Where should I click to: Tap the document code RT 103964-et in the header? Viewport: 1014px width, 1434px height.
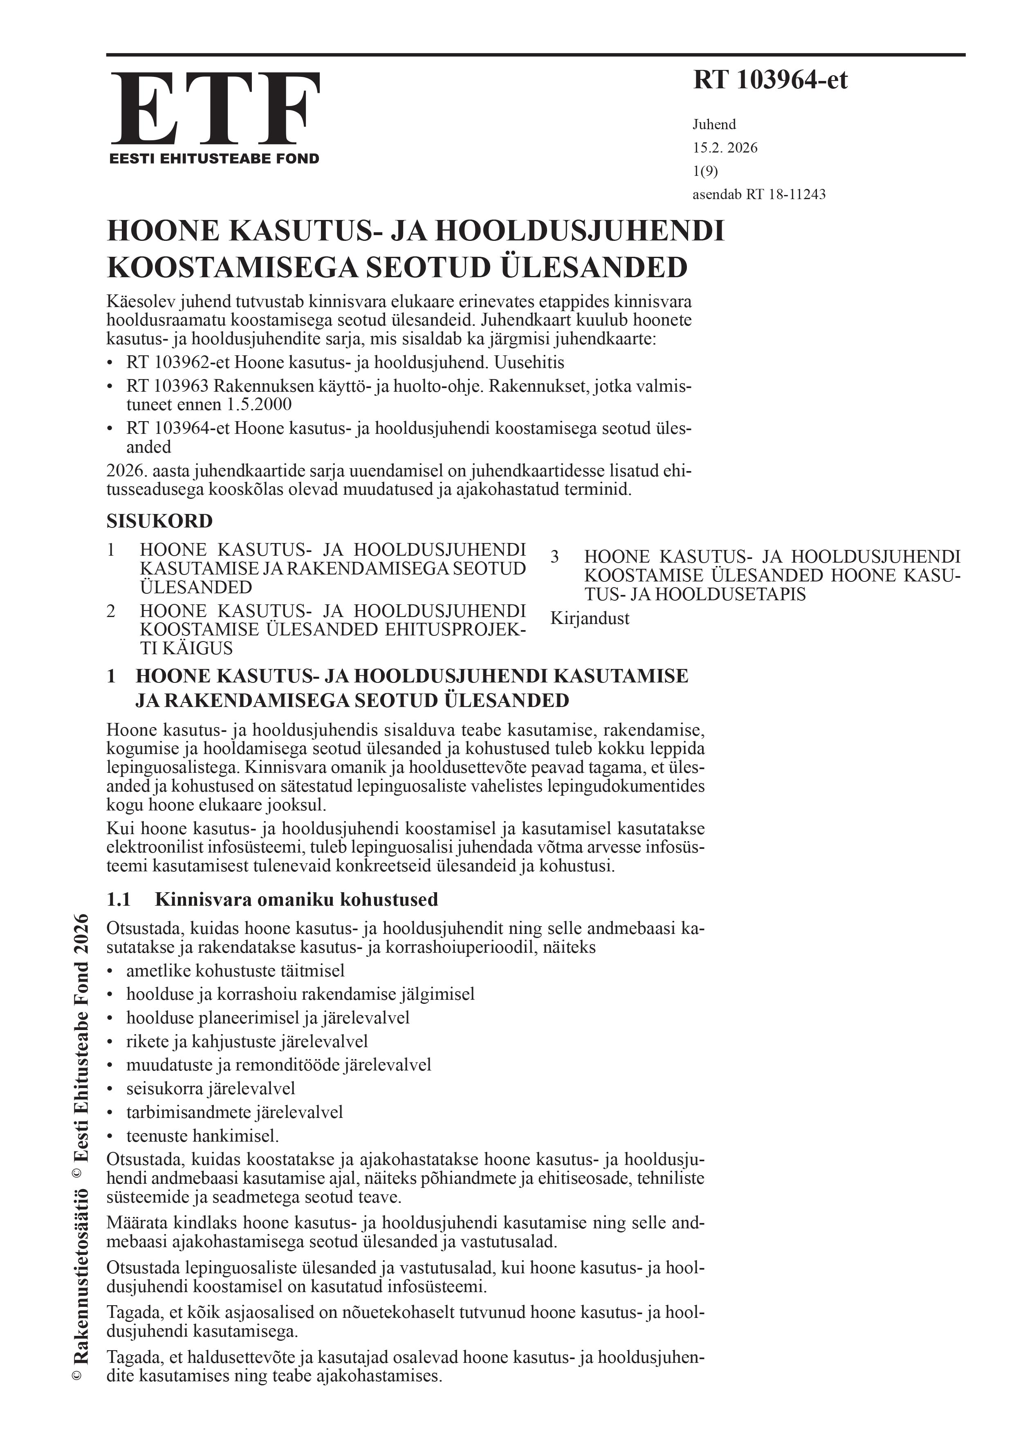tap(770, 81)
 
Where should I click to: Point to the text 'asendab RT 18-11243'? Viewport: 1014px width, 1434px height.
tap(758, 194)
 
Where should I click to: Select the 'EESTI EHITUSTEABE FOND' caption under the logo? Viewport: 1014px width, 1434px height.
tap(214, 159)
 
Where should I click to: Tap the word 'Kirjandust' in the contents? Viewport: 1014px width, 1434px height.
tap(590, 618)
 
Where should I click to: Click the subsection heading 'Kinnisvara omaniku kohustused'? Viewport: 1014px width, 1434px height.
tap(296, 900)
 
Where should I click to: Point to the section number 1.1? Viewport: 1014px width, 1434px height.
tap(119, 900)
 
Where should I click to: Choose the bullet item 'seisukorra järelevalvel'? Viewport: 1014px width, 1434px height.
tap(211, 1088)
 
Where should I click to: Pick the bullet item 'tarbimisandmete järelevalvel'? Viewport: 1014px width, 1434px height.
tap(234, 1112)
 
